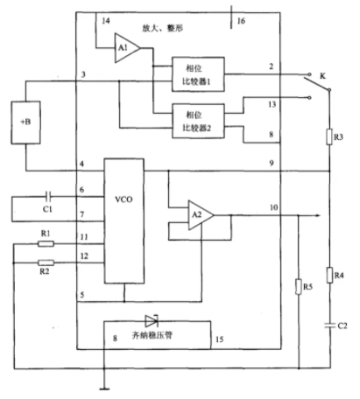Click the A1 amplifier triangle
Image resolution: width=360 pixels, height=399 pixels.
pyautogui.click(x=126, y=48)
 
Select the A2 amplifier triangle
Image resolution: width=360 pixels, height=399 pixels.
pyautogui.click(x=200, y=215)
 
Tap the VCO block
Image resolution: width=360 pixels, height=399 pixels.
pyautogui.click(x=124, y=220)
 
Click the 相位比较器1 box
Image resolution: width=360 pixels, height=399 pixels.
pyautogui.click(x=198, y=74)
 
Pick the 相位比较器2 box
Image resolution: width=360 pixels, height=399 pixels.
pyautogui.click(x=198, y=121)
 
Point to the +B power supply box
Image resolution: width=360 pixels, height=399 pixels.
pyautogui.click(x=25, y=122)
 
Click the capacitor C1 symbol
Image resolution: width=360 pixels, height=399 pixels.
pyautogui.click(x=48, y=197)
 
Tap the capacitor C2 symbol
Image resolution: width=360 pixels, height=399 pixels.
pyautogui.click(x=330, y=325)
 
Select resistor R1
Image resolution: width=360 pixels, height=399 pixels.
pyautogui.click(x=46, y=244)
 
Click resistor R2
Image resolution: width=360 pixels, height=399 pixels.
pyautogui.click(x=46, y=262)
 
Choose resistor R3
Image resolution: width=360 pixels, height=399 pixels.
pyautogui.click(x=329, y=136)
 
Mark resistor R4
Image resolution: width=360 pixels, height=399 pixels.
pyautogui.click(x=330, y=275)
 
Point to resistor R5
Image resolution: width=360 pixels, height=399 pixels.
pyautogui.click(x=299, y=286)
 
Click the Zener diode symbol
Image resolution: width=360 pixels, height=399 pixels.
pyautogui.click(x=152, y=321)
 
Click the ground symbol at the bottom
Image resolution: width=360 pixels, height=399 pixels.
pyautogui.click(x=104, y=388)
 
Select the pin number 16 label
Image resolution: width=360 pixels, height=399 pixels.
pyautogui.click(x=241, y=21)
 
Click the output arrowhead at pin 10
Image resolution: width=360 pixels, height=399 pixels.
pyautogui.click(x=318, y=215)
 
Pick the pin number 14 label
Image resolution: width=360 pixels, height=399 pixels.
pyautogui.click(x=106, y=21)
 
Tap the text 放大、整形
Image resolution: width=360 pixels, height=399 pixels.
pyautogui.click(x=163, y=28)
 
